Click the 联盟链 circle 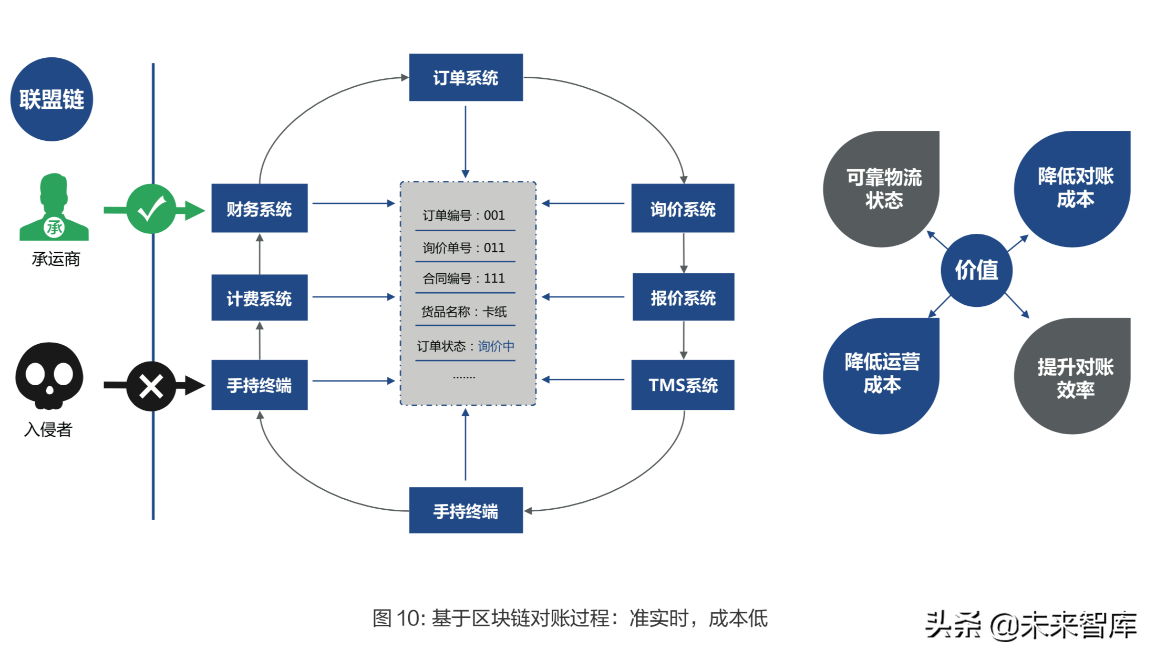51,99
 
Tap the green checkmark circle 151,209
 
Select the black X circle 151,386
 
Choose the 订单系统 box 466,78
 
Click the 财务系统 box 259,209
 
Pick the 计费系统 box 259,298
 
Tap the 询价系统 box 683,209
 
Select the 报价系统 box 683,297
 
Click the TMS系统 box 683,385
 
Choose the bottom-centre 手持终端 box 466,510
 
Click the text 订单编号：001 464,215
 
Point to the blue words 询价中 496,346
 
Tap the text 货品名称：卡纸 464,312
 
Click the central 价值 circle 976,270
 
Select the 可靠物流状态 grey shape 883,189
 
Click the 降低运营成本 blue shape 882,374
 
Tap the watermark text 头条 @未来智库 1030,625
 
